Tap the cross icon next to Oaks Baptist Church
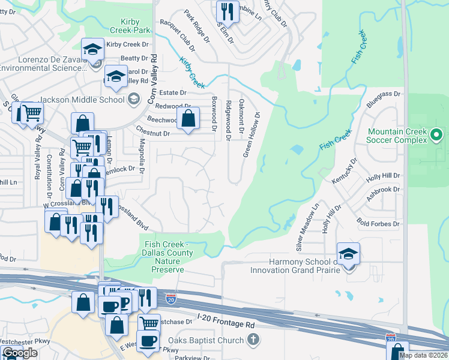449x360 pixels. pyautogui.click(x=253, y=340)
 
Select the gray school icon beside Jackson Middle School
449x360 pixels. pyautogui.click(x=133, y=99)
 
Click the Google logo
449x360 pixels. pyautogui.click(x=19, y=353)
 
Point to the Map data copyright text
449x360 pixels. pyautogui.click(x=423, y=355)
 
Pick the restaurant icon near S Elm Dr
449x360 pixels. pyautogui.click(x=226, y=11)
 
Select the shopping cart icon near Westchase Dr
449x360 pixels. pyautogui.click(x=149, y=324)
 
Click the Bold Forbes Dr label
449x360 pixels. pyautogui.click(x=378, y=224)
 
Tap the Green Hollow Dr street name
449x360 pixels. pyautogui.click(x=252, y=134)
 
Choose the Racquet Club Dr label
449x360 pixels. pyautogui.click(x=178, y=34)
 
